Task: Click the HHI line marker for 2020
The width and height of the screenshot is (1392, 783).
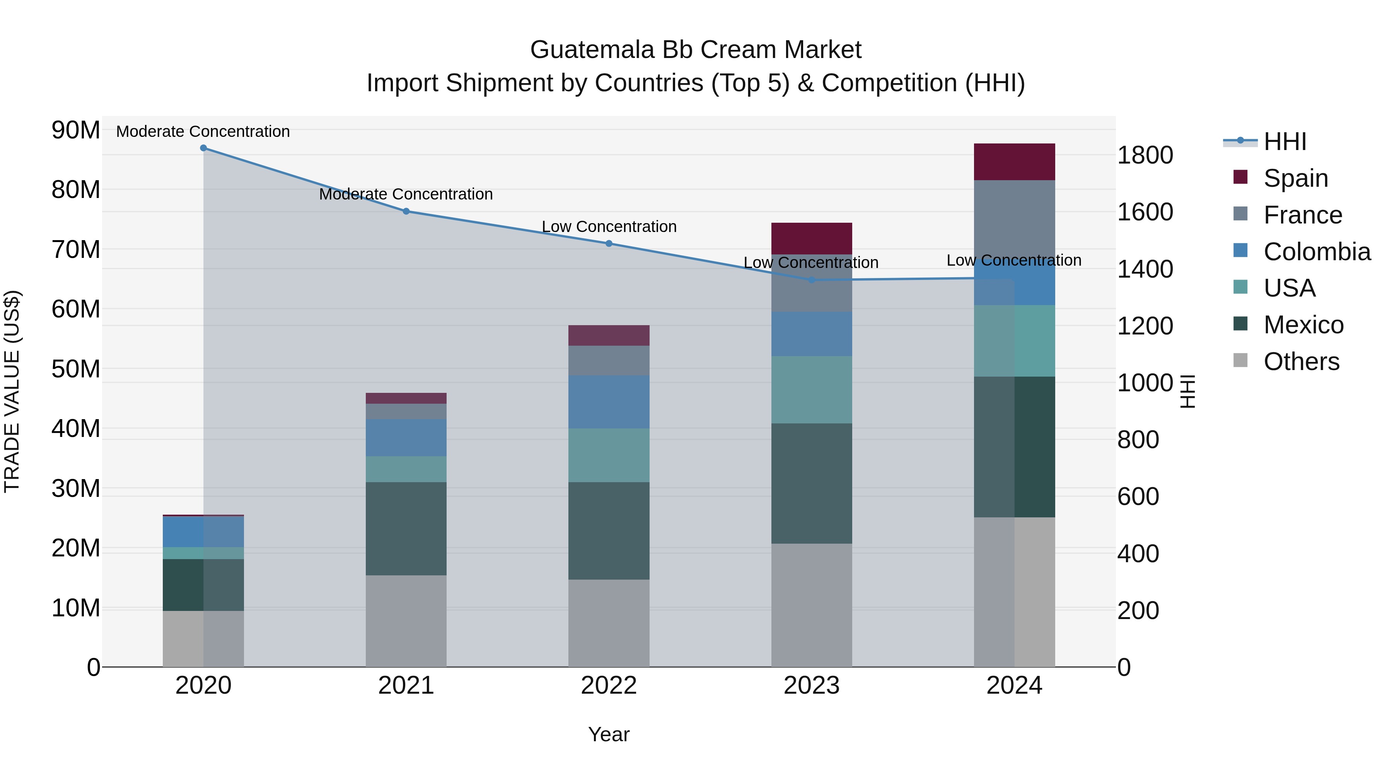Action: click(x=203, y=148)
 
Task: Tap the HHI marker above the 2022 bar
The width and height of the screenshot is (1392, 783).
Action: click(x=609, y=244)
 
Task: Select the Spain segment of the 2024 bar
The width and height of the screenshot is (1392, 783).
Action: click(x=1014, y=162)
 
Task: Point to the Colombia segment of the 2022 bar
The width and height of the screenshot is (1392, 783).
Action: click(x=609, y=402)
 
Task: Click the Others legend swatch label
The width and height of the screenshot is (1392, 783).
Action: click(x=1301, y=362)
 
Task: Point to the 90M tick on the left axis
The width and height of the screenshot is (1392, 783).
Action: click(x=76, y=130)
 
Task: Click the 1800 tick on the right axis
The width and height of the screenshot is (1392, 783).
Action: click(x=1145, y=155)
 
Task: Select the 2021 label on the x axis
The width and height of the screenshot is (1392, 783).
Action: click(x=406, y=686)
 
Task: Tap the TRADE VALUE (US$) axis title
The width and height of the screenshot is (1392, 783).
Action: click(x=12, y=391)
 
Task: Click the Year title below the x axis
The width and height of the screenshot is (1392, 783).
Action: click(x=609, y=734)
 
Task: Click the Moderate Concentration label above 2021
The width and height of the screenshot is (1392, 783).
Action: click(x=406, y=194)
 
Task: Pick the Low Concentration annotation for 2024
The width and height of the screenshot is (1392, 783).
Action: click(x=1014, y=261)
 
